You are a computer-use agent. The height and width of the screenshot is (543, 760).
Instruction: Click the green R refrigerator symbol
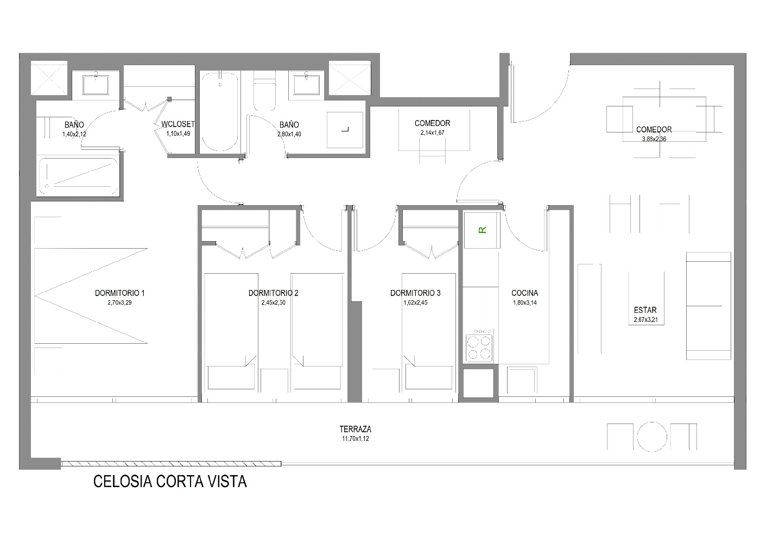482,230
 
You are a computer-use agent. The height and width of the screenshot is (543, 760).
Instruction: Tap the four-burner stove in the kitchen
479,345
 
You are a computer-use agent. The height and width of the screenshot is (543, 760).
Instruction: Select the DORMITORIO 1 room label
120,293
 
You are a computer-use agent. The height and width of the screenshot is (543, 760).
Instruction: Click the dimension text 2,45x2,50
273,303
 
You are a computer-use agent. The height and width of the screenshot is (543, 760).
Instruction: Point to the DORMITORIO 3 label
415,293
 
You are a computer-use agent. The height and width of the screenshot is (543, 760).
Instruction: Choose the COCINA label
524,293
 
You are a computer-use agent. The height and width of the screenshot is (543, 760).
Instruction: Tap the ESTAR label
645,310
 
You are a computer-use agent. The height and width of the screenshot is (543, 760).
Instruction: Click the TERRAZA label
355,429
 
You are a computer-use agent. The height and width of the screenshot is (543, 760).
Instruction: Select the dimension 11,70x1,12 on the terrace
355,439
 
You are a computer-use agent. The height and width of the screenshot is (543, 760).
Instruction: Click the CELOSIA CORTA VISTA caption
170,482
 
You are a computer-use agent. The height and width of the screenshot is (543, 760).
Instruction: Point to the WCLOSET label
178,124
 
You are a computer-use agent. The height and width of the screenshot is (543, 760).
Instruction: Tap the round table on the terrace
652,437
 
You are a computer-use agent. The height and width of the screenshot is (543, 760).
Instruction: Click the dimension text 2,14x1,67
432,132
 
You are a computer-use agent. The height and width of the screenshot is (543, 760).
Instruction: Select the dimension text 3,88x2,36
654,139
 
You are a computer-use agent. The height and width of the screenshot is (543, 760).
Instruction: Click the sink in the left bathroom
96,84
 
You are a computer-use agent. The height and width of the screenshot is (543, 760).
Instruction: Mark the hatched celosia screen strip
171,464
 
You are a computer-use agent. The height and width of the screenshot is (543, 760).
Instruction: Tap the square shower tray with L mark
345,130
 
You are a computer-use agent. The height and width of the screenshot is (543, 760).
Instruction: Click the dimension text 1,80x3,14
524,303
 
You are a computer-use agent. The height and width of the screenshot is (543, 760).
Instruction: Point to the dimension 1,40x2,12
74,134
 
